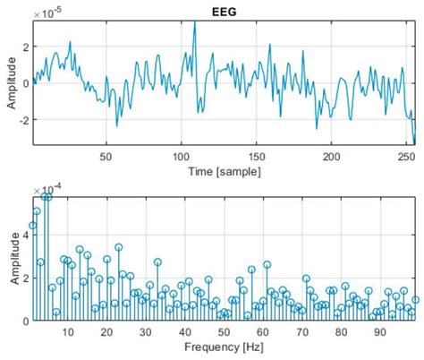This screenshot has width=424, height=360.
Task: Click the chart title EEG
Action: pyautogui.click(x=225, y=8)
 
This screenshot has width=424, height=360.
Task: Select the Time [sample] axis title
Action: pyautogui.click(x=225, y=170)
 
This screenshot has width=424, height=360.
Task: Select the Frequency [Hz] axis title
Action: pyautogui.click(x=225, y=347)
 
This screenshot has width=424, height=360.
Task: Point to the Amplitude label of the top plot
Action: pyautogui.click(x=11, y=82)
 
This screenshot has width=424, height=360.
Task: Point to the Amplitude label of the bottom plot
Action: pyautogui.click(x=11, y=259)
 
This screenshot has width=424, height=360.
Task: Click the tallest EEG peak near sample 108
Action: pyautogui.click(x=194, y=22)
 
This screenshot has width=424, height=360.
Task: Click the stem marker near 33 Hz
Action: pyautogui.click(x=157, y=262)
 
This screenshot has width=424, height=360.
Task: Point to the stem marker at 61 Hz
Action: pyautogui.click(x=267, y=264)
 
